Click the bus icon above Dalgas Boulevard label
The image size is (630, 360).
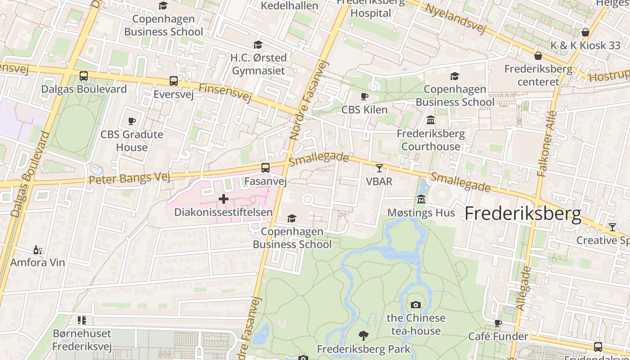tap(84, 76)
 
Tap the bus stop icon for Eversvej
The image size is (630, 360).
tap(174, 81)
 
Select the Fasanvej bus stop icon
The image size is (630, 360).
tap(265, 168)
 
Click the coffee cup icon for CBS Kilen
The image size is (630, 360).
tap(364, 96)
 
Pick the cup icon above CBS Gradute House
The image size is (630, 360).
tap(132, 121)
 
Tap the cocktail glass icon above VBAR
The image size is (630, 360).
tap(379, 168)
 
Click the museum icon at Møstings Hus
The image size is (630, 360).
tap(421, 199)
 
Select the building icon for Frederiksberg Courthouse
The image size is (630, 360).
tap(431, 120)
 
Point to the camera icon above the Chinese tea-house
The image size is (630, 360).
tap(416, 305)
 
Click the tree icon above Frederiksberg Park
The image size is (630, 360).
tap(363, 336)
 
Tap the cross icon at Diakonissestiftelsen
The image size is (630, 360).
tap(224, 199)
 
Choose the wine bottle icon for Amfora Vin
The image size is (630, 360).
tap(38, 250)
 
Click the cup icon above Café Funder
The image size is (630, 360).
tap(498, 323)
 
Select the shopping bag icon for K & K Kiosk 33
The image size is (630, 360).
tap(585, 32)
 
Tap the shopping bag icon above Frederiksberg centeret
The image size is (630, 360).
tap(538, 56)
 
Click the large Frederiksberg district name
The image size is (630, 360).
tap(523, 213)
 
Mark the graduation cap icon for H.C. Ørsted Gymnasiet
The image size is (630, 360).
tap(258, 45)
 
